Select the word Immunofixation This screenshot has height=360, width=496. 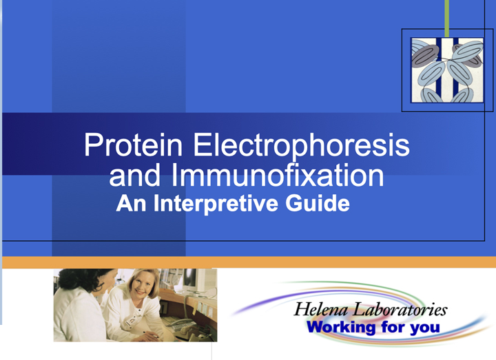click(277, 176)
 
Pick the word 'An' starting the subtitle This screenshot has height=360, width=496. click(129, 204)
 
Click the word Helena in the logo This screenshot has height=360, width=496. click(321, 310)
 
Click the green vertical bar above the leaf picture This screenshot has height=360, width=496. click(446, 17)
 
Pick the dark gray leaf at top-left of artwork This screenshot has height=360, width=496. click(424, 54)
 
